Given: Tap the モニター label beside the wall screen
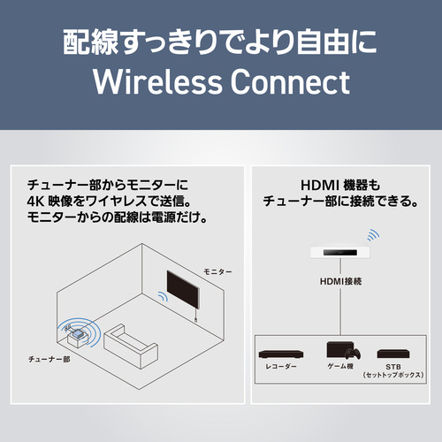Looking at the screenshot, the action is [x=217, y=271].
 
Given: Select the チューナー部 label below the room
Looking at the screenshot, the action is [x=49, y=359].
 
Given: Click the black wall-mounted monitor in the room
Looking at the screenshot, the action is [x=183, y=289].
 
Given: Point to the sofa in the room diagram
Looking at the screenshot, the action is [x=131, y=346].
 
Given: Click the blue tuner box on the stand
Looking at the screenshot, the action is [x=76, y=334].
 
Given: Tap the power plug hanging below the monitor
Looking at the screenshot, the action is [x=195, y=319].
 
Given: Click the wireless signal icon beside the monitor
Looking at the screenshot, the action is [x=163, y=296].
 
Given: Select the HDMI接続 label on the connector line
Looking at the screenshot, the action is [x=340, y=281].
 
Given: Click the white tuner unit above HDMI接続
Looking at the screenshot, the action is [x=340, y=253].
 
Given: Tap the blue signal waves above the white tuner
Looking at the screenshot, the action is [x=373, y=235].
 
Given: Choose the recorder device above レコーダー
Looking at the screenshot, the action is [x=281, y=354].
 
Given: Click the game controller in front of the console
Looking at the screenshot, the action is [x=354, y=354].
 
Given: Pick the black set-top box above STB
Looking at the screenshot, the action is [x=393, y=354].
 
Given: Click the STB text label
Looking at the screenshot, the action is [x=393, y=367].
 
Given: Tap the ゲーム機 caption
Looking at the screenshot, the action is [x=340, y=366].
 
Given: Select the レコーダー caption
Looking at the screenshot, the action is [x=281, y=366].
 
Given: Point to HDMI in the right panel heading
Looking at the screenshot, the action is [x=320, y=186].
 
